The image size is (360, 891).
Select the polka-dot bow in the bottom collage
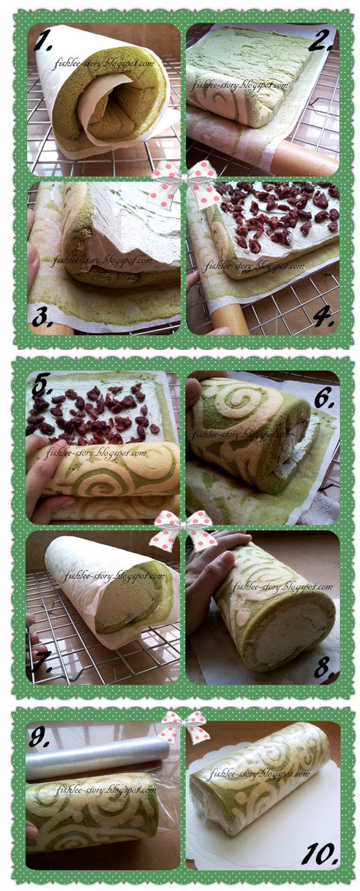pyautogui.click(x=184, y=727)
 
